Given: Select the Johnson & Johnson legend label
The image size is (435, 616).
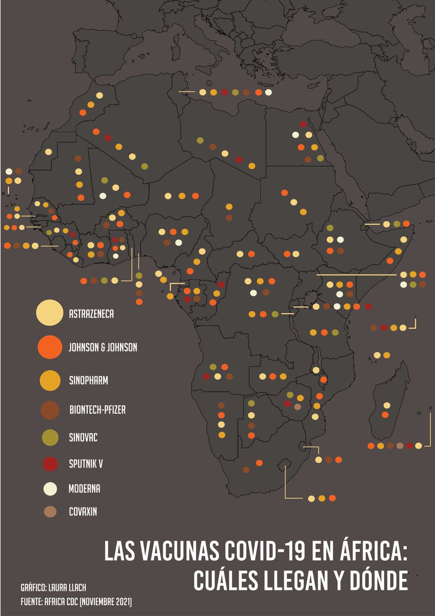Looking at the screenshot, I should pyautogui.click(x=103, y=348).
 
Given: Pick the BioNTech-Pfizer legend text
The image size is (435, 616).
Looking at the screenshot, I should pyautogui.click(x=97, y=410).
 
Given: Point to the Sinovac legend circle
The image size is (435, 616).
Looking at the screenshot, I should pyautogui.click(x=50, y=437).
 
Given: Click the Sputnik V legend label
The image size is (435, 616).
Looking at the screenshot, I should pyautogui.click(x=86, y=464).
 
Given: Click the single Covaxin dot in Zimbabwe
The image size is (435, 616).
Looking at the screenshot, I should pyautogui.click(x=298, y=407).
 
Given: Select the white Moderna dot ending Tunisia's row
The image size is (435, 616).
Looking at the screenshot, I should pyautogui.click(x=268, y=92).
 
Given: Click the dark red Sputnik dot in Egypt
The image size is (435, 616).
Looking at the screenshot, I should pyautogui.click(x=303, y=124).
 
